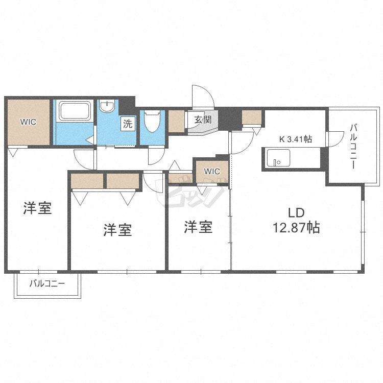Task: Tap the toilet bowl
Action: point(152,121)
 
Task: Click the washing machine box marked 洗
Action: point(128,123)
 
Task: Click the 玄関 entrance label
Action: point(203,120)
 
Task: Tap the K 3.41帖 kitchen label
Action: point(295,138)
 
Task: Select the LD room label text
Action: point(296,212)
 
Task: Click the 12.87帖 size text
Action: point(296,228)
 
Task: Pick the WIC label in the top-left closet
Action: point(28,122)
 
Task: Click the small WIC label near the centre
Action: point(212,171)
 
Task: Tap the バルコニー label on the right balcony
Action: point(353,146)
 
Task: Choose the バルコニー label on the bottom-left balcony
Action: point(47,282)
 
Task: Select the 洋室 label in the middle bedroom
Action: point(117,230)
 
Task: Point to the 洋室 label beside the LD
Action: point(198,227)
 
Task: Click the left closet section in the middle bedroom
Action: point(87,181)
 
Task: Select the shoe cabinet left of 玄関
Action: point(177,121)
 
